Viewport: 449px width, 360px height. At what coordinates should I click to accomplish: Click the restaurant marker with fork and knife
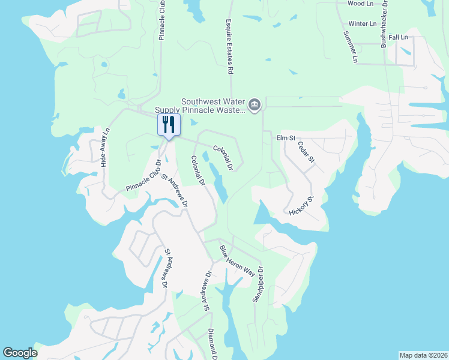point(168,125)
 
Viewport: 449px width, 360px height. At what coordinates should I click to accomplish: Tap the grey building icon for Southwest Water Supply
point(255,106)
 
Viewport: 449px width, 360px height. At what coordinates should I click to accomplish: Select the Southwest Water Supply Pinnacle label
point(200,106)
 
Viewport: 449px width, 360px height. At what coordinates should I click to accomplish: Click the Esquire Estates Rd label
point(229,46)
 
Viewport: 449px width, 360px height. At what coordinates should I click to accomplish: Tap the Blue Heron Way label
point(237,260)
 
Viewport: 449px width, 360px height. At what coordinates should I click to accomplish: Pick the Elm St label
point(286,138)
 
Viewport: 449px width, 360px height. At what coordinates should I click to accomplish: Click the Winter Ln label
point(362,24)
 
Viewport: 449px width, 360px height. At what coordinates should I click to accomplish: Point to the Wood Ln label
point(360,4)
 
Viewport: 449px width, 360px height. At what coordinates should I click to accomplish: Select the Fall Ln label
point(398,37)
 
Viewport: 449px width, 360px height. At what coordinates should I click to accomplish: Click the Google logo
point(20,353)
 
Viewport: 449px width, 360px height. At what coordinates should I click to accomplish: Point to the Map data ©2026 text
point(423,355)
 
